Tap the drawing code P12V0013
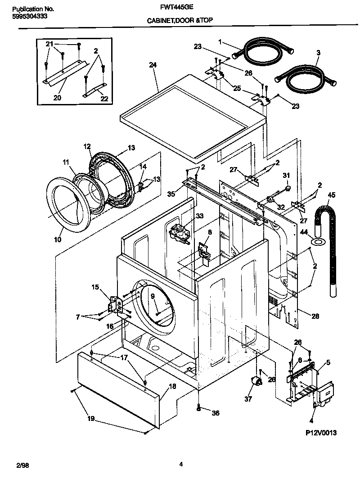point(321,433)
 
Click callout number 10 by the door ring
point(58,240)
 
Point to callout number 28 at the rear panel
point(315,317)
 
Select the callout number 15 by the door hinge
point(95,287)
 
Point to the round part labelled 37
point(257,382)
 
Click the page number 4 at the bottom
point(180,464)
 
